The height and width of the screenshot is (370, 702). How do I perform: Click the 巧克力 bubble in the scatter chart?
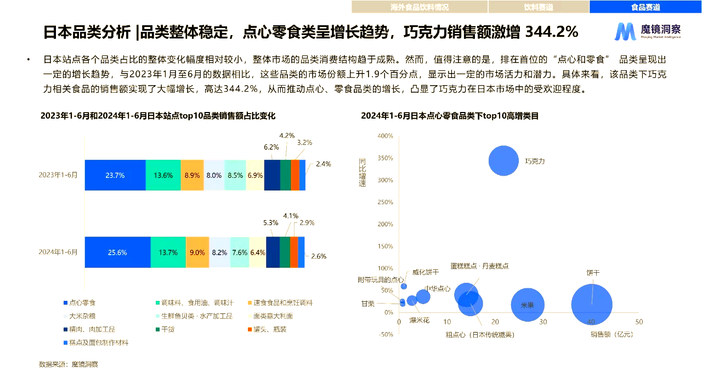pos(503,160)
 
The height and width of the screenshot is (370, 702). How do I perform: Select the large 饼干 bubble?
pos(592,305)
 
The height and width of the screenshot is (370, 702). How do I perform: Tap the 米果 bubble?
pos(527,305)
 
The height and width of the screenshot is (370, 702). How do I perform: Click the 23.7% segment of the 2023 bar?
pos(115,176)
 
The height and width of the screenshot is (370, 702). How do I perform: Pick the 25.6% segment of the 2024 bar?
pos(117,253)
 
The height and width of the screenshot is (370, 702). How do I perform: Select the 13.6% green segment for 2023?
pos(163,176)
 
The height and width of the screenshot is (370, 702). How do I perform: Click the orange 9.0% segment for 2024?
pos(197,253)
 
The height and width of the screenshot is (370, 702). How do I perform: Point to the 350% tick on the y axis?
pos(386,158)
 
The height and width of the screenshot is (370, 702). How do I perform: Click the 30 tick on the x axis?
pos(542,322)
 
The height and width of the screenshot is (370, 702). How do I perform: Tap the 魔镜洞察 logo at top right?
pos(647,31)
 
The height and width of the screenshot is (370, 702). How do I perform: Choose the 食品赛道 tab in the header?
pos(645,7)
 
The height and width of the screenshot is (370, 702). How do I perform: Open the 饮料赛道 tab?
pos(538,7)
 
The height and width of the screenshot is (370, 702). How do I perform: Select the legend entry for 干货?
pos(168,329)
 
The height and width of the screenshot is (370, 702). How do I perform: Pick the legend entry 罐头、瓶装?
pos(269,329)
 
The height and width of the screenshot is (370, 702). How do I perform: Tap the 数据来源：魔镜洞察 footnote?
pos(69,364)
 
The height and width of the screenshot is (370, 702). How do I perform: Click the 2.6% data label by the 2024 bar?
pos(319,256)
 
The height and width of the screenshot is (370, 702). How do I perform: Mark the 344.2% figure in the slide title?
pos(551,32)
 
